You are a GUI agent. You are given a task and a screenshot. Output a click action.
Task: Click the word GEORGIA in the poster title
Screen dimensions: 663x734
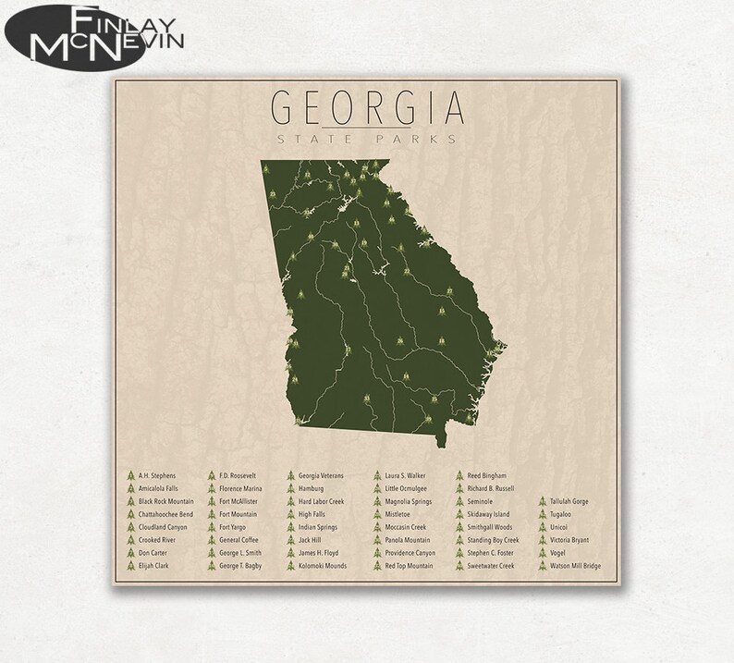(366, 108)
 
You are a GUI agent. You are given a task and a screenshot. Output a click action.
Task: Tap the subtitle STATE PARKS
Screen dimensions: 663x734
(366, 140)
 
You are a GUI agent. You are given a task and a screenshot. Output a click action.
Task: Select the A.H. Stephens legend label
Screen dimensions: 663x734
(156, 475)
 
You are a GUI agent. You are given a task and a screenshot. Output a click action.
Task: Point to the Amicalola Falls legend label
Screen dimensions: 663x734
(158, 488)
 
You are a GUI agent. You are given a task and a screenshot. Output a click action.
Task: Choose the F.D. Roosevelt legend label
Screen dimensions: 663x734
(238, 475)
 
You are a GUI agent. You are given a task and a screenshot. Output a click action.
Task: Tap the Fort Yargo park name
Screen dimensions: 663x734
(232, 527)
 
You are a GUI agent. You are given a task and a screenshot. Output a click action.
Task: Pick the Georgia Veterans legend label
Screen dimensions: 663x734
(321, 475)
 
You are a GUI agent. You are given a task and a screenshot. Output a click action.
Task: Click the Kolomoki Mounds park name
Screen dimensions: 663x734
(323, 565)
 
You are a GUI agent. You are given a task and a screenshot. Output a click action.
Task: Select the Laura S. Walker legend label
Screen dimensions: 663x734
(405, 475)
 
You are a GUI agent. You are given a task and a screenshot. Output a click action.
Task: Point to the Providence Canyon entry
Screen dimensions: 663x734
(410, 552)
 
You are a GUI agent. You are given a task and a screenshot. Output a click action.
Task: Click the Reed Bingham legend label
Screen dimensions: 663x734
(487, 475)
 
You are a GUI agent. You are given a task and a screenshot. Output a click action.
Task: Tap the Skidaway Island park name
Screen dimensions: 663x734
(488, 514)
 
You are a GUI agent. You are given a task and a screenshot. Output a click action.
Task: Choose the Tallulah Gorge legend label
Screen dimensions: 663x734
(569, 501)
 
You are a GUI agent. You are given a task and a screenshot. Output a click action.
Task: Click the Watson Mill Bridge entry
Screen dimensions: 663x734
(576, 565)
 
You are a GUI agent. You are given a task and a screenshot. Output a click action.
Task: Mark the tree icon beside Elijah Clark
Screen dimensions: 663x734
(130, 565)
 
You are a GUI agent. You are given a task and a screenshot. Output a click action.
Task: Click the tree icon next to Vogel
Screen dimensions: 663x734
(543, 552)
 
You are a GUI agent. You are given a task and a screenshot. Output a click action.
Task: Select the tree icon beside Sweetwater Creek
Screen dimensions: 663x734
(459, 565)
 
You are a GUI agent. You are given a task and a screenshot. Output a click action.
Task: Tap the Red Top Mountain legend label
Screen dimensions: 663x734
(409, 565)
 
